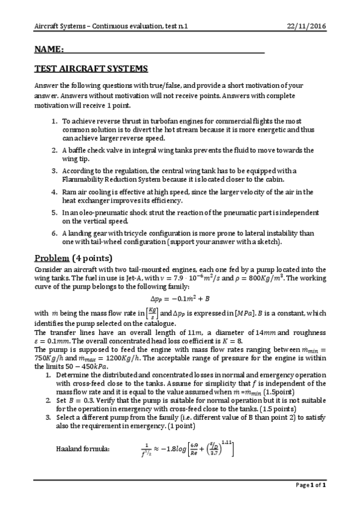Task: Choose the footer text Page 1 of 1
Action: pyautogui.click(x=311, y=501)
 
